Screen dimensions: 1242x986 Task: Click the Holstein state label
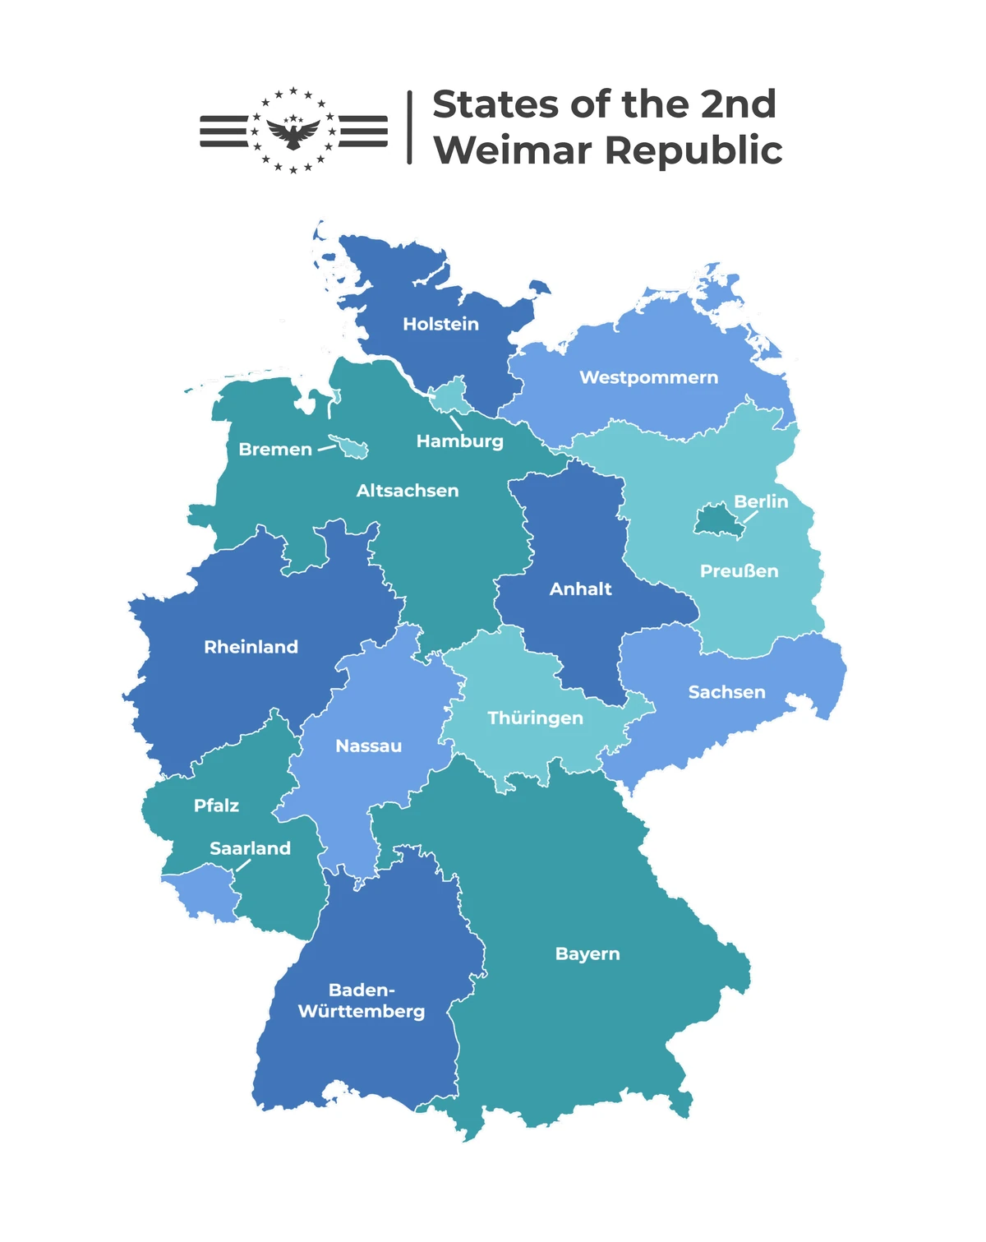point(440,324)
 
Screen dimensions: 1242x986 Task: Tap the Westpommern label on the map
point(648,377)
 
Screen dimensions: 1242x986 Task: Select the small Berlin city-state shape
point(715,521)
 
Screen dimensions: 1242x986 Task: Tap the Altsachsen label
point(408,491)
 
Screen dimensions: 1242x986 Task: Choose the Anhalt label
point(580,589)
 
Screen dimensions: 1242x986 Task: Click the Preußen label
point(739,571)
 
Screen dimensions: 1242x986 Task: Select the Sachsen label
point(726,692)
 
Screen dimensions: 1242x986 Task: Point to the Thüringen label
point(535,718)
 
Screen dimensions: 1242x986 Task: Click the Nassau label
point(368,746)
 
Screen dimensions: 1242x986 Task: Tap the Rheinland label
point(251,647)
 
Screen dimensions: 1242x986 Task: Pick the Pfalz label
point(216,806)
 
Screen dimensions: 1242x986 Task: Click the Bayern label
point(587,953)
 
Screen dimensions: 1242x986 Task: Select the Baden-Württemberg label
point(362,1000)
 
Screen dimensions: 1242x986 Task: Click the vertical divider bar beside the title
point(409,127)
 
